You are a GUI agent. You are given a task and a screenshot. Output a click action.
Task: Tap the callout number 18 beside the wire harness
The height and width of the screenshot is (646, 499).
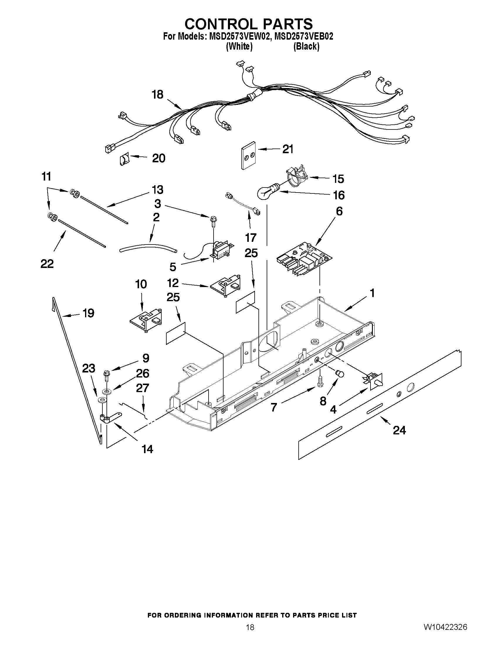[x=157, y=95]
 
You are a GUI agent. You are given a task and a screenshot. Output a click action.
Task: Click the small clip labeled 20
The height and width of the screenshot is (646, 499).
[x=124, y=160]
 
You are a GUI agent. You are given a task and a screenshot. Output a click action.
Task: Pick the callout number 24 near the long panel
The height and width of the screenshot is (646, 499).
[x=399, y=430]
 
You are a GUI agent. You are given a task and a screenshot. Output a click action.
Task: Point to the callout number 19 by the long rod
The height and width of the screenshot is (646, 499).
[x=88, y=313]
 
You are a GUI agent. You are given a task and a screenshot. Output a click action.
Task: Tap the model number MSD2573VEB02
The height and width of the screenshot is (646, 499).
[x=304, y=36]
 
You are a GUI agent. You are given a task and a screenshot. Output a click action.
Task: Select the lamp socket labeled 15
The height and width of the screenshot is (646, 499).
[x=296, y=177]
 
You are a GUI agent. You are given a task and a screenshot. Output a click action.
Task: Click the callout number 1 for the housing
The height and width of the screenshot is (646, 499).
[x=372, y=293]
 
